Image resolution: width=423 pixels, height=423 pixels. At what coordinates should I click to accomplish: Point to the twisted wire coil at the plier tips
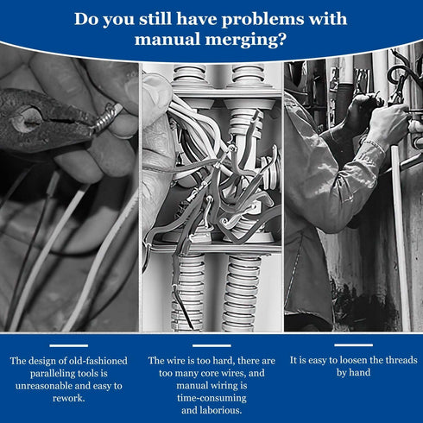pos(106,117)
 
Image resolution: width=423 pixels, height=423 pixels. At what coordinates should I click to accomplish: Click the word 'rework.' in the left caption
pos(69,398)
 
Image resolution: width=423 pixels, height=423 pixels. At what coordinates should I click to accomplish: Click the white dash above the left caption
pos(69,345)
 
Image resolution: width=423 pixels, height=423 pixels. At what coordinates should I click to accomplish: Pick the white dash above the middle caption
pos(211,345)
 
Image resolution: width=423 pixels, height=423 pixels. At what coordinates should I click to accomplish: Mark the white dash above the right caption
pos(353,345)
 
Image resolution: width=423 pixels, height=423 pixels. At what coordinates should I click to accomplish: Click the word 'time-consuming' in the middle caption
pos(211,398)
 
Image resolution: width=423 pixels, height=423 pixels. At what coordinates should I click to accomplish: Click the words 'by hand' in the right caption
pos(354,373)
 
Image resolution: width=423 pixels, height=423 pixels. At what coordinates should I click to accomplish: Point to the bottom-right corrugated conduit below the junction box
pos(242,294)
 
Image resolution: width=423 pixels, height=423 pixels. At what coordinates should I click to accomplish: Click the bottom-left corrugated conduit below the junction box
pos(188,294)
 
